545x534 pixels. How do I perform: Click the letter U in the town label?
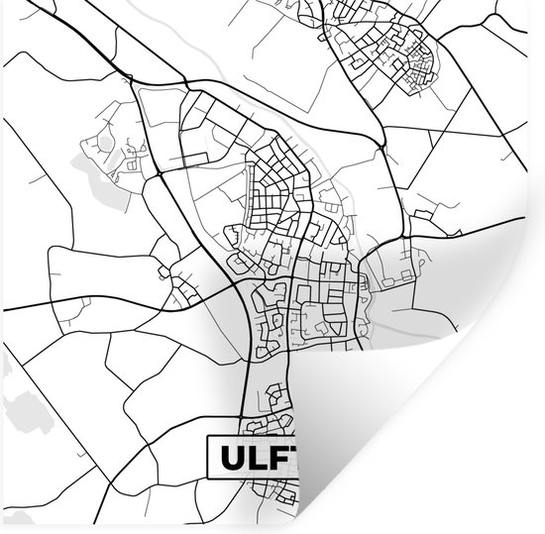[229, 459]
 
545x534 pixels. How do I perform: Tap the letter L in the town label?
[256, 459]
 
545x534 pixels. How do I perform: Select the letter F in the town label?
[279, 459]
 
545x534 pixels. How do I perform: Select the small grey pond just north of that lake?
[104, 144]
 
